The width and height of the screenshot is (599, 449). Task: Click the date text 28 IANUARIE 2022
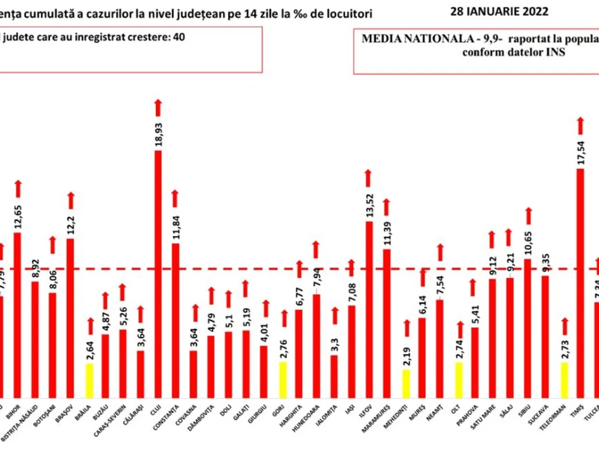(499, 11)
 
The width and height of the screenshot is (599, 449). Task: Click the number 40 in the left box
(178, 37)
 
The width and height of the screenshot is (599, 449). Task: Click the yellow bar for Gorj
(283, 379)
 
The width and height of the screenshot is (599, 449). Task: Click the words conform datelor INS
(514, 53)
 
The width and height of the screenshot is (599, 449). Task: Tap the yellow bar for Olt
(459, 379)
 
